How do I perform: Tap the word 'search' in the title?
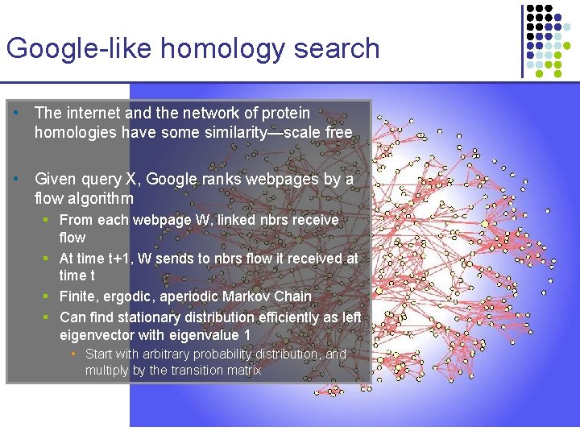click(x=337, y=48)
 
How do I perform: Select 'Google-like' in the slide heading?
click(x=80, y=48)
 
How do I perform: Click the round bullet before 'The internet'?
click(x=16, y=114)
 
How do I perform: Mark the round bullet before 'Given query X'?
click(x=16, y=179)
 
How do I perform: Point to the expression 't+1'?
click(x=123, y=259)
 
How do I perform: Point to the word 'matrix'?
click(x=243, y=371)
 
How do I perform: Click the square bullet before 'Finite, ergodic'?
click(x=50, y=296)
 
